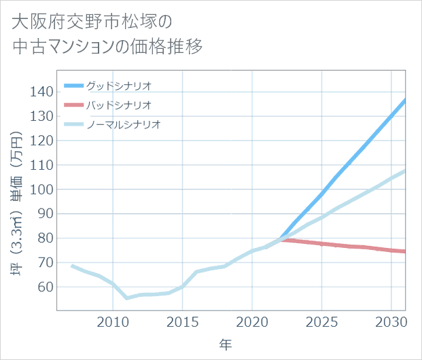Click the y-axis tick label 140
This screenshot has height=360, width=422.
point(42,92)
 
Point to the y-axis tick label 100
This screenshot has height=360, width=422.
point(42,190)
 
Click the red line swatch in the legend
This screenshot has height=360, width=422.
point(73,105)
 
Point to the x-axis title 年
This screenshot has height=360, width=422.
point(226,345)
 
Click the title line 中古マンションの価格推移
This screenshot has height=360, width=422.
point(107,48)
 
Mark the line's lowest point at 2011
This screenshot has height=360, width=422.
point(127,298)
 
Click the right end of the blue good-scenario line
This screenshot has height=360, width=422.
point(405,101)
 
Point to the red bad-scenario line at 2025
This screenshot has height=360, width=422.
point(321,243)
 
